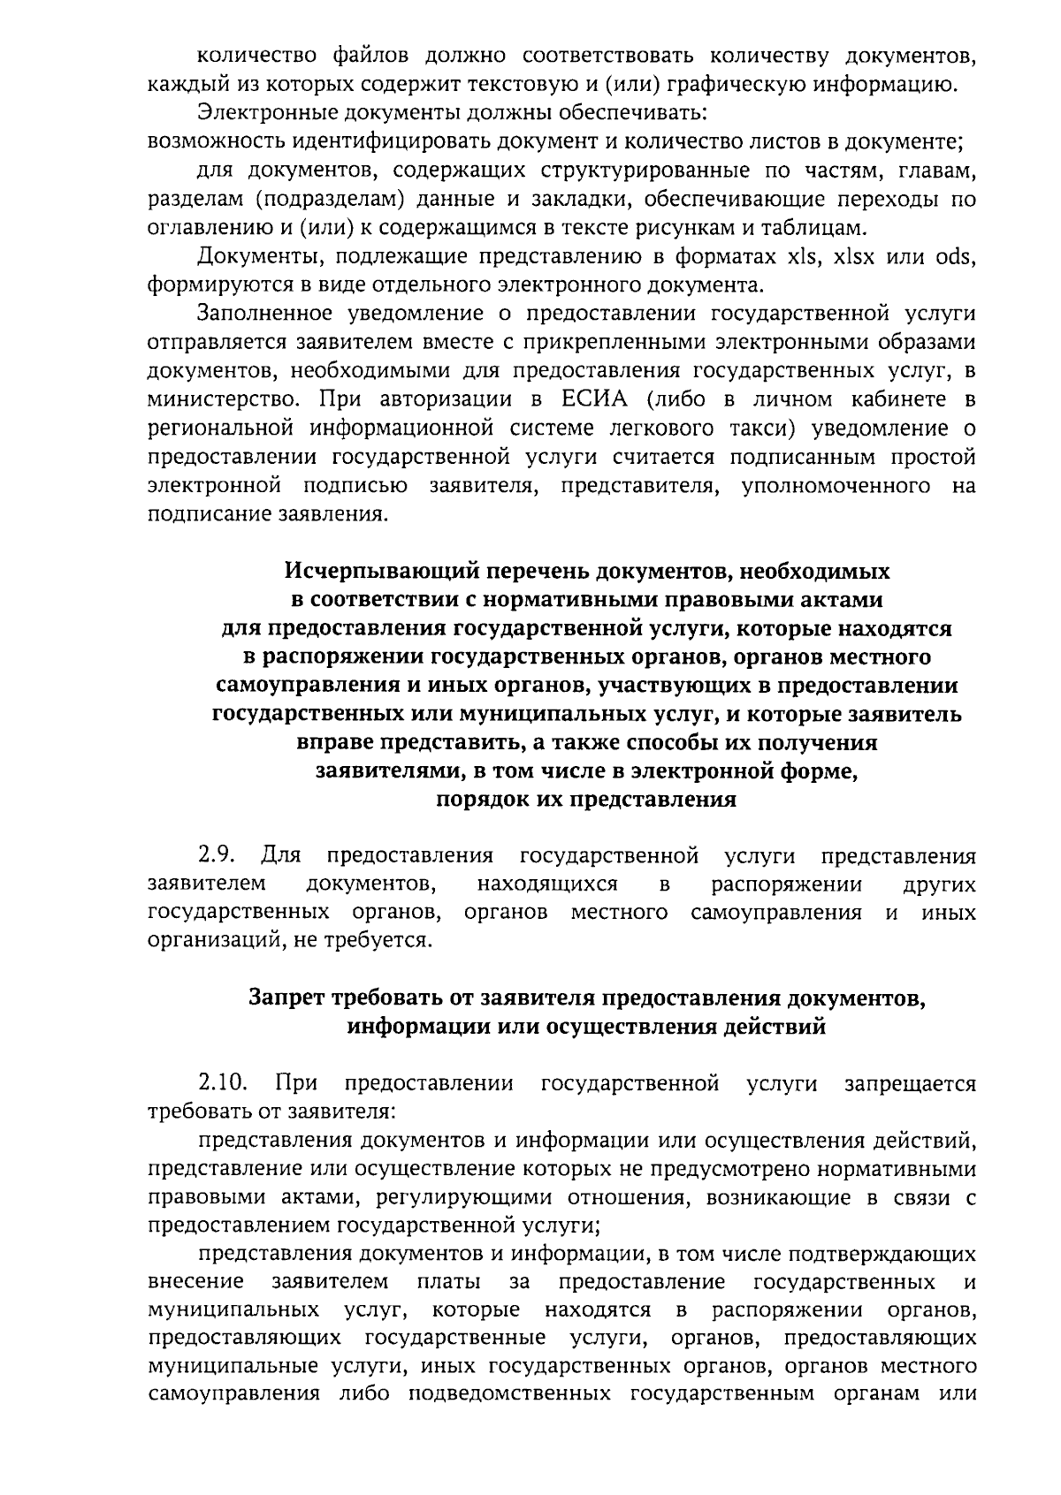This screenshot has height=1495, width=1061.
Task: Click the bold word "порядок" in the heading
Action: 481,800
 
